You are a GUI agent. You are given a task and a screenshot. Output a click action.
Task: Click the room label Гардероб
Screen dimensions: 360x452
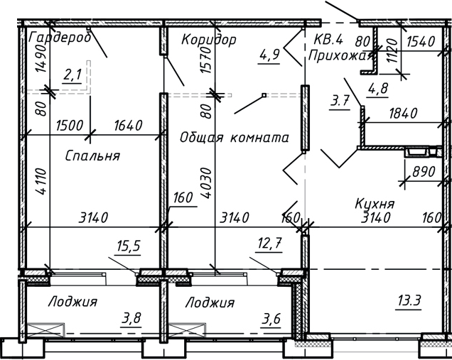tap(60, 38)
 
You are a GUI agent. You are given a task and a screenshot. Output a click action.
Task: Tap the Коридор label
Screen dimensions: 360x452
tap(208, 39)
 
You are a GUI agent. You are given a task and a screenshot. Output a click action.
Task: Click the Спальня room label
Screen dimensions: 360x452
tap(92, 156)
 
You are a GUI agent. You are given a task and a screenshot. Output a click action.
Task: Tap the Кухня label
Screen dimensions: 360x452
tap(375, 204)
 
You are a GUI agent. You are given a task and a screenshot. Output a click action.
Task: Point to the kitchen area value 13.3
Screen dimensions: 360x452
tap(409, 301)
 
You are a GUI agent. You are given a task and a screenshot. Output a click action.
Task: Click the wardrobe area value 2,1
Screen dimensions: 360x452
tap(72, 75)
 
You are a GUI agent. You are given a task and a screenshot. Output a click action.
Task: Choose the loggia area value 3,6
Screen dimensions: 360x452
tap(271, 319)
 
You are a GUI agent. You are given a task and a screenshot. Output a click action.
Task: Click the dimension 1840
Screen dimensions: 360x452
tap(402, 113)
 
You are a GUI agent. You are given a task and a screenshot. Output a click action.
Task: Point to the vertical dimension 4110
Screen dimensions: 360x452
tap(41, 182)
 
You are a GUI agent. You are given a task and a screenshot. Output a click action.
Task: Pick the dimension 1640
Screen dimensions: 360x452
tap(127, 125)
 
